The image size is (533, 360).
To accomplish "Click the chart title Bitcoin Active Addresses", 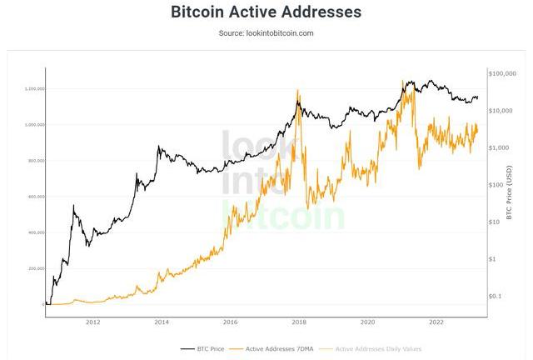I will click(x=266, y=12).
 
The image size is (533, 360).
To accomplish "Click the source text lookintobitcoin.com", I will click(x=266, y=33).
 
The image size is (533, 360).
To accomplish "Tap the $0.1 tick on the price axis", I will click(x=496, y=296).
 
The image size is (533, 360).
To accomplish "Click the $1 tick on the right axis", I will click(x=494, y=259).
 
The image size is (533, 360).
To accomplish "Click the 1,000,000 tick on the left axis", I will click(x=35, y=125).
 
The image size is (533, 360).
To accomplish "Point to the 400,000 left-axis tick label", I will click(x=36, y=232).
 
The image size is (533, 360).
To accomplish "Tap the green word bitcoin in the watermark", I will click(x=283, y=217).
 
